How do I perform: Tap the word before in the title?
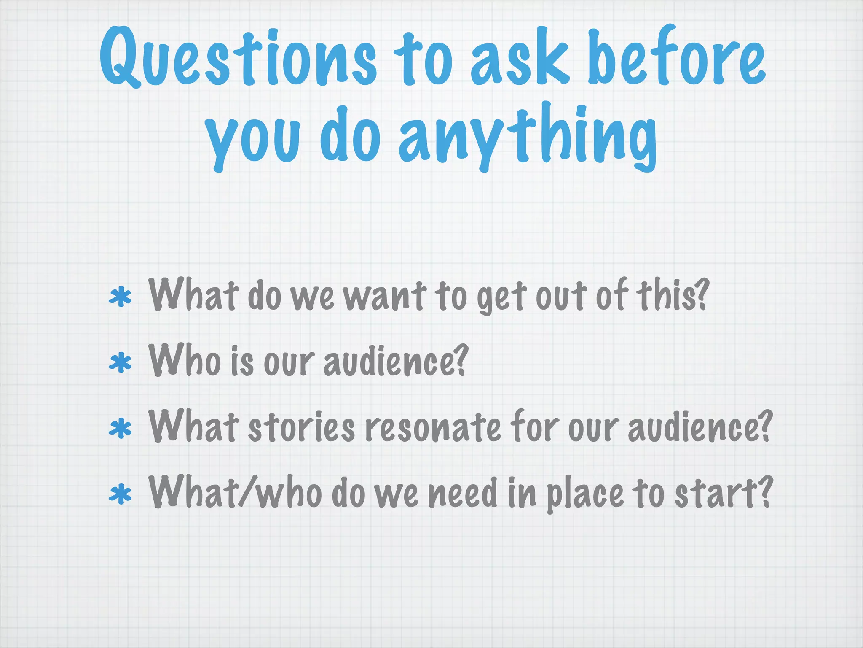tap(676, 57)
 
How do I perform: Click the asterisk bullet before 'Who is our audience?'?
tap(120, 363)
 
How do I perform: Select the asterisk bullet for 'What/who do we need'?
tap(120, 494)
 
